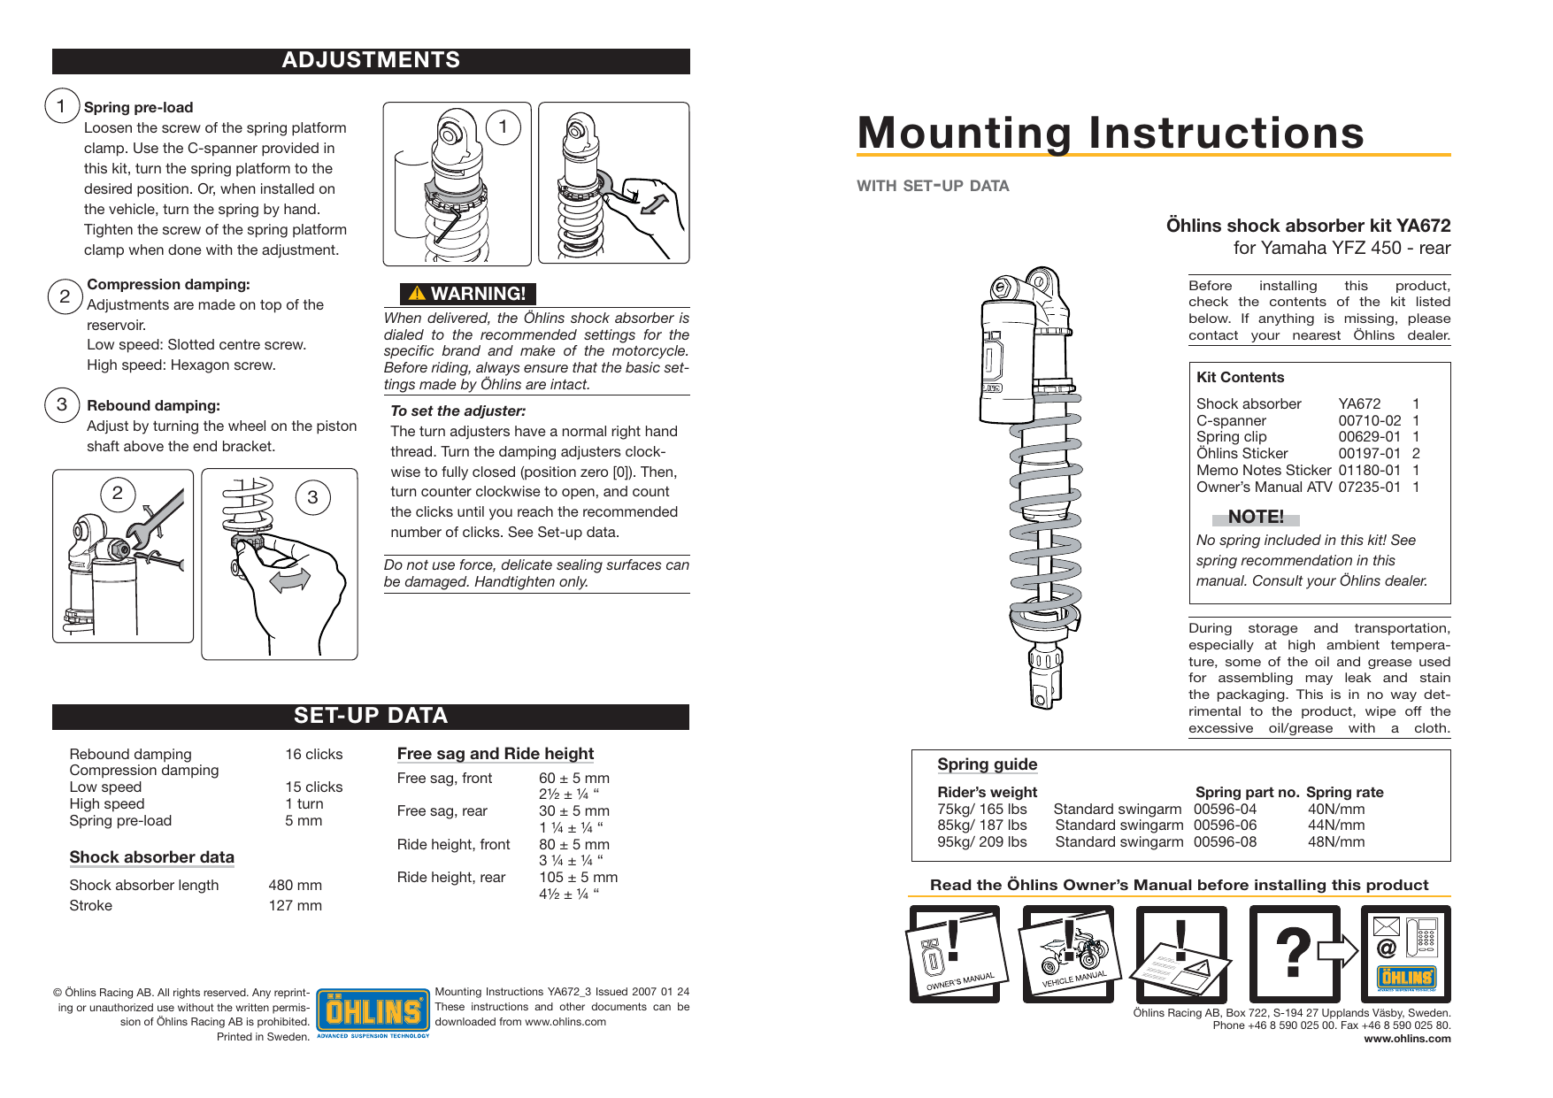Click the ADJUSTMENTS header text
point(371,60)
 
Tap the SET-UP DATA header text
point(371,716)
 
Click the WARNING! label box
point(468,294)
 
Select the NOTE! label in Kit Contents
point(1255,517)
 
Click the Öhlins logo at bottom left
point(373,1012)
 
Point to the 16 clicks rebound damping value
point(313,755)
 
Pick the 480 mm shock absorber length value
point(295,886)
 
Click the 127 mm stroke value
point(295,906)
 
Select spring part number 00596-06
point(1225,825)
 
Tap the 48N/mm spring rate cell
point(1336,842)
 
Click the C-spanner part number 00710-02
point(1369,421)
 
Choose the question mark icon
point(1293,953)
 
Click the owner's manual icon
point(956,954)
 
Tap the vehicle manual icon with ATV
point(1069,954)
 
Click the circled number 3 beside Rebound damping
point(62,405)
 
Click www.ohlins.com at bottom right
point(1407,1039)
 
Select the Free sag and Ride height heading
point(495,754)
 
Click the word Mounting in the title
point(965,134)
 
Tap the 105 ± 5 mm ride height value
point(578,878)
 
